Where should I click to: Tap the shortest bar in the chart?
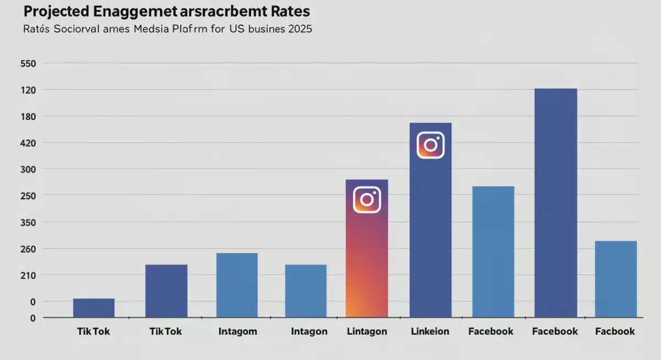point(94,308)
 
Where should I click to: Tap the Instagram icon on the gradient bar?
point(367,199)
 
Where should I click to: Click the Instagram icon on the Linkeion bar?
point(430,145)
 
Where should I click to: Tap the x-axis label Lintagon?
point(367,331)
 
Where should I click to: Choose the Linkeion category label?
point(430,331)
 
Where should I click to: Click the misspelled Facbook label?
point(615,331)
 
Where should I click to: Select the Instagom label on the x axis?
point(237,331)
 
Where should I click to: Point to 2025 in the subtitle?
point(299,29)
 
